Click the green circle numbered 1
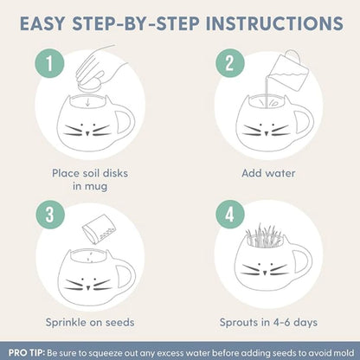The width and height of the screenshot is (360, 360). click(49, 63)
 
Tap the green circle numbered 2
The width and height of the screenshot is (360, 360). click(230, 63)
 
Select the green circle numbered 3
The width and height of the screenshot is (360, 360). click(50, 215)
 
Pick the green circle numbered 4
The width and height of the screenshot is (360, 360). click(230, 215)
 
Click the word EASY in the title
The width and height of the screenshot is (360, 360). click(42, 23)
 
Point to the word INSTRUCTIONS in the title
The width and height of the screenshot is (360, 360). click(274, 23)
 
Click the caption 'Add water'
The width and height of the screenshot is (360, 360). click(268, 173)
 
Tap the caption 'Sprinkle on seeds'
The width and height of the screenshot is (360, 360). click(90, 322)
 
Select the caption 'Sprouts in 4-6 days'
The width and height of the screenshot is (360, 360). click(268, 322)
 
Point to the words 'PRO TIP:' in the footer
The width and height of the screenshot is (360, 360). click(27, 352)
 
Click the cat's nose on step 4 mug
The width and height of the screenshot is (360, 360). click(265, 272)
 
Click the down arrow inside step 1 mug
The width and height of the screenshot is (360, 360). click(87, 101)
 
